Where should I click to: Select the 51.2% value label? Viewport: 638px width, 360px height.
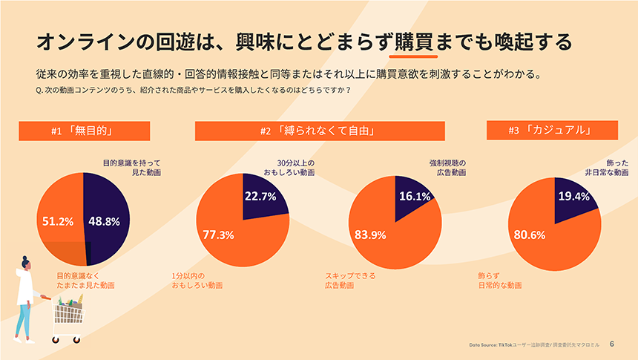coord(58,221)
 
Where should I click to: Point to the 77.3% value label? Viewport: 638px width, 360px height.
coord(219,235)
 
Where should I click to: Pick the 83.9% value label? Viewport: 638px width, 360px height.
coord(370,235)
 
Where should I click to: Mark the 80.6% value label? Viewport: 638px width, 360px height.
coord(530,235)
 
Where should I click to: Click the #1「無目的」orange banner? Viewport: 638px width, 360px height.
coord(85,131)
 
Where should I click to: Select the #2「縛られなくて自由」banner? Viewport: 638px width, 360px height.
coord(320,131)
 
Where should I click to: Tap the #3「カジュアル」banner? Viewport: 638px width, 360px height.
coord(552,130)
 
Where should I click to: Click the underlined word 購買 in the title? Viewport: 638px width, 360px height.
coord(414,42)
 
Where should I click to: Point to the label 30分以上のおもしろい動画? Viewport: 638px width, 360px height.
coord(289,168)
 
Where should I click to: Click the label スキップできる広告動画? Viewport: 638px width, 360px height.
coord(350,281)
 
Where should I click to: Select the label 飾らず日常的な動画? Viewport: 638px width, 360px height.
coord(500,281)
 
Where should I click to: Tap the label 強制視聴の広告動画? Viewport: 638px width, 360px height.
coord(447,168)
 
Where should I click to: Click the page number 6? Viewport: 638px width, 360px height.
coord(612,344)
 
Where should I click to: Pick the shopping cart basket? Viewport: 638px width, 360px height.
coord(69,313)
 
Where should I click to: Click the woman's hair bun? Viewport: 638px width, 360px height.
coord(24,258)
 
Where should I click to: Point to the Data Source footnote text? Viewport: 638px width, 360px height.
coord(534,345)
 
